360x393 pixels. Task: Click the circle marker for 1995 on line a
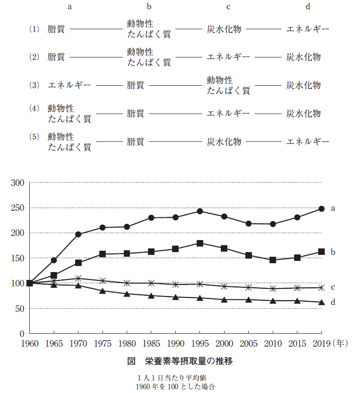click(200, 211)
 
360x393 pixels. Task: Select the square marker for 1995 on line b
click(200, 243)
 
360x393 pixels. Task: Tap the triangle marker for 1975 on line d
click(103, 291)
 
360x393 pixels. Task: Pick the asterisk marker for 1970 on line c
click(78, 279)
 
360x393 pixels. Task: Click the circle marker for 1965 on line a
click(54, 260)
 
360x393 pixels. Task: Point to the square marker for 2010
click(273, 260)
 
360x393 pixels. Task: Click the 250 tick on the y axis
click(18, 208)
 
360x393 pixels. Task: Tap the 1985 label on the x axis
click(151, 343)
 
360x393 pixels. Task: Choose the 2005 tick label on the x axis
click(249, 343)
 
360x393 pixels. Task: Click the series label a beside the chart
click(333, 209)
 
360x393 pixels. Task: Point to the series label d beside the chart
click(333, 303)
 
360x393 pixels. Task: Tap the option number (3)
click(35, 85)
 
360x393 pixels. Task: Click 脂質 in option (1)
click(56, 29)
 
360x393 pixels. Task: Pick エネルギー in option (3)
click(69, 85)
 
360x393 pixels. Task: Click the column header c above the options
click(228, 7)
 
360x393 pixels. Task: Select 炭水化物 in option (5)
click(224, 141)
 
